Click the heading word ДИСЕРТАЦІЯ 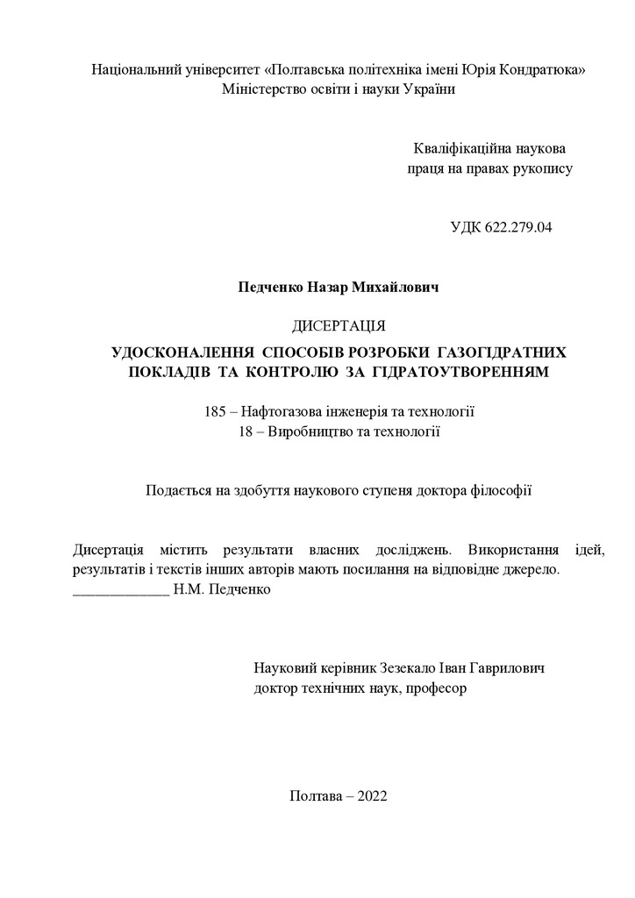(x=339, y=327)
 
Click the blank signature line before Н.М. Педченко (x=120, y=590)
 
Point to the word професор (x=437, y=688)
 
